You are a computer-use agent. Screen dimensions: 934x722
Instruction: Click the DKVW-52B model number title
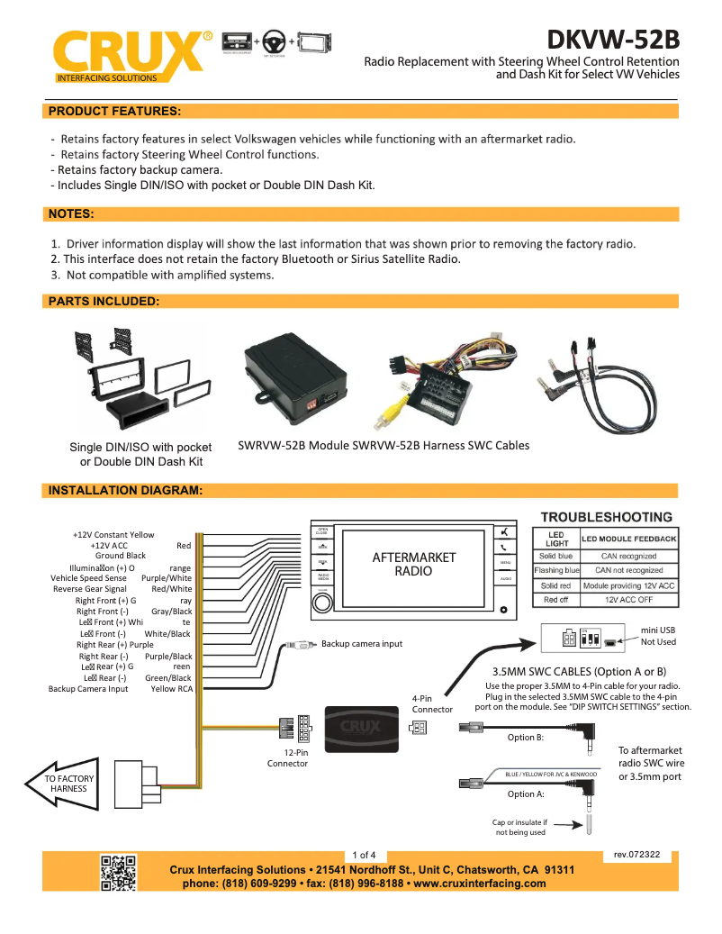(x=613, y=41)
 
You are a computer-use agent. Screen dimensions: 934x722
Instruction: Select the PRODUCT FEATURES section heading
(x=114, y=111)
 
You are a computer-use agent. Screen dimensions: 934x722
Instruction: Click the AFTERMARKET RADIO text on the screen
(x=413, y=564)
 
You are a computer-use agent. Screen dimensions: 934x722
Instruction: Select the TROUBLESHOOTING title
(x=606, y=517)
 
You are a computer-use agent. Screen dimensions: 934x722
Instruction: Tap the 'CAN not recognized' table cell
(x=629, y=571)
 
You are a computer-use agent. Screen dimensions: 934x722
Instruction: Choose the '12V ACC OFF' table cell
(x=629, y=600)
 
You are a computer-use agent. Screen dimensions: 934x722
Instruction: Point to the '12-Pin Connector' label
(x=287, y=757)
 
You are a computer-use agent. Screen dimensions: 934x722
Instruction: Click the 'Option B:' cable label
(x=526, y=738)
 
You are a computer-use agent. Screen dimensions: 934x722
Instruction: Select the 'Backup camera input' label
(x=362, y=644)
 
